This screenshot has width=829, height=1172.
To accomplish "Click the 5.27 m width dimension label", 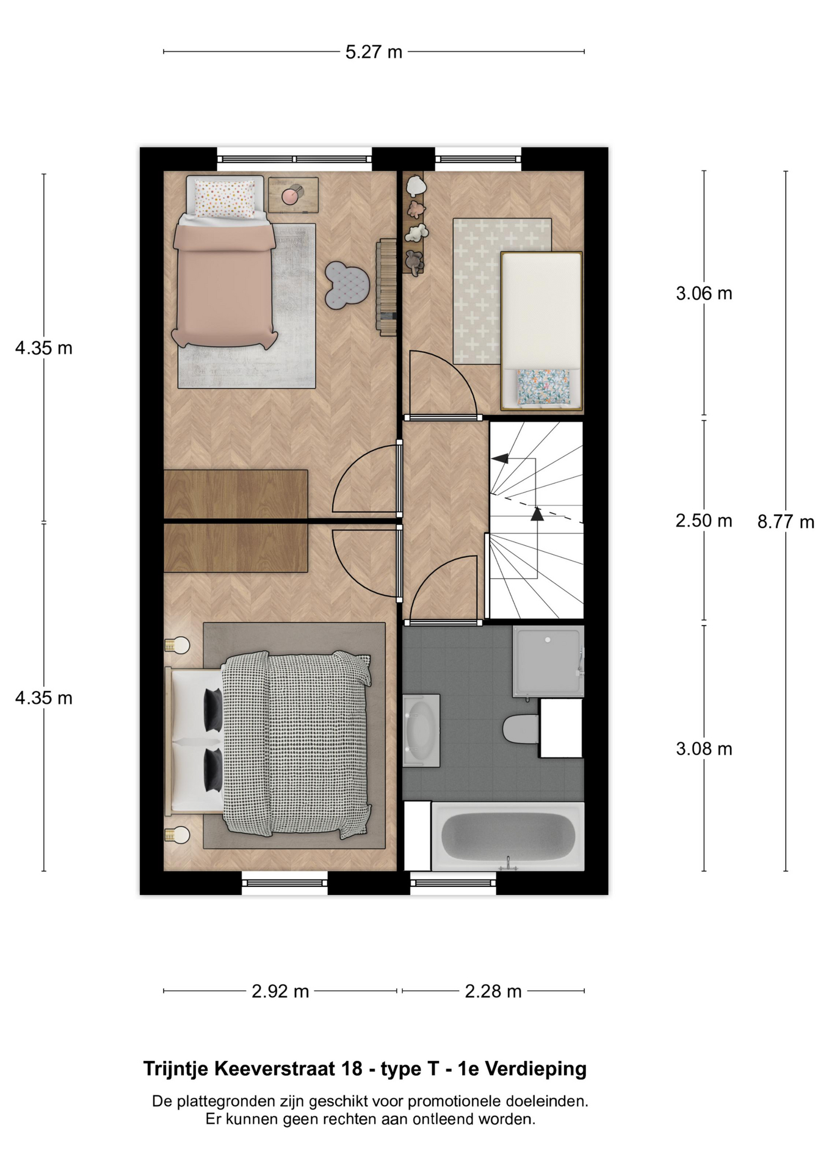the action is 374,52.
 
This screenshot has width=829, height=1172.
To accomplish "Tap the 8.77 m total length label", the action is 786,522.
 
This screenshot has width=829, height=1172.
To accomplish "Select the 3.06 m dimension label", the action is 704,294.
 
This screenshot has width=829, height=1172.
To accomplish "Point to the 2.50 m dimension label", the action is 704,521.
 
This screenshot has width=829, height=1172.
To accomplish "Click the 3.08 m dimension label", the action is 704,749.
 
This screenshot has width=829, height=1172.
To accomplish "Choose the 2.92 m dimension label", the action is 280,991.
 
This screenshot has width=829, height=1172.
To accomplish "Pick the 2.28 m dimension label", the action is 493,991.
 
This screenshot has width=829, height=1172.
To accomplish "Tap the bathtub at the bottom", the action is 508,836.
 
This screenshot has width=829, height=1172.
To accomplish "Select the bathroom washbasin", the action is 421,729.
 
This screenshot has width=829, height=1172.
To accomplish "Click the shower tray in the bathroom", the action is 548,661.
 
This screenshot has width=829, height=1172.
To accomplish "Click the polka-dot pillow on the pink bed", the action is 225,198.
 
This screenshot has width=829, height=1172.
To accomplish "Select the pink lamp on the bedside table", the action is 290,195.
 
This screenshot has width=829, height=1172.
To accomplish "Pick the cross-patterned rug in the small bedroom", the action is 502,291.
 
